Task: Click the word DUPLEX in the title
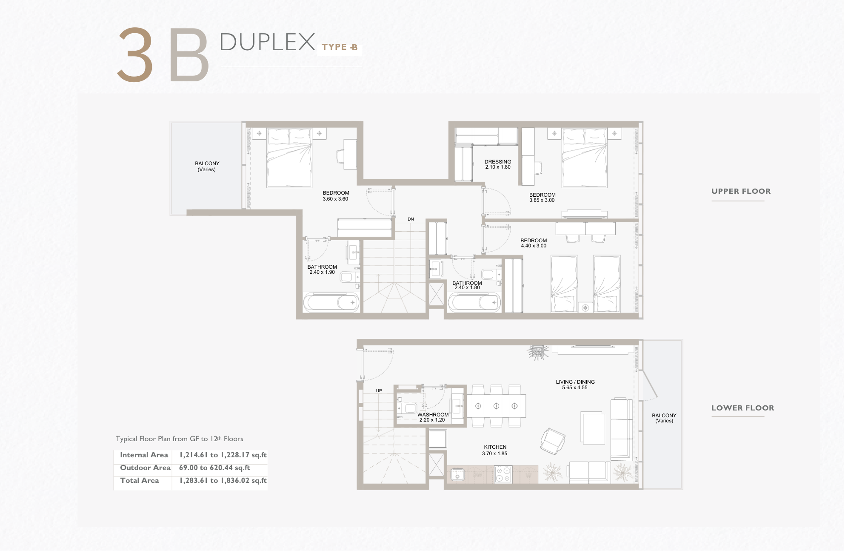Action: (267, 42)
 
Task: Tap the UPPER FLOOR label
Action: (741, 191)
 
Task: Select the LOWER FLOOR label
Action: (742, 408)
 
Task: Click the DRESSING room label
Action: (498, 162)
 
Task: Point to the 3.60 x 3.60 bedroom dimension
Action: (335, 199)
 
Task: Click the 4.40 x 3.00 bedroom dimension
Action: (534, 246)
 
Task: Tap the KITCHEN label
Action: (495, 447)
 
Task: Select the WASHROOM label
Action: (433, 415)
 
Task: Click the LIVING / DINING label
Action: (575, 382)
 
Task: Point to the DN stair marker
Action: (411, 219)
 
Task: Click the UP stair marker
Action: (379, 390)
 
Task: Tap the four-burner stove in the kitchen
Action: (503, 474)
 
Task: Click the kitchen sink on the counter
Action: (458, 475)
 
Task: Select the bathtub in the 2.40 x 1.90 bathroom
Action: (331, 303)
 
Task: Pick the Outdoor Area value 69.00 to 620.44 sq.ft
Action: (214, 468)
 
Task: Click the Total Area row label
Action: (140, 480)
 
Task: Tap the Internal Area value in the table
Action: (223, 455)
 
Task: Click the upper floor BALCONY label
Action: (207, 164)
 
